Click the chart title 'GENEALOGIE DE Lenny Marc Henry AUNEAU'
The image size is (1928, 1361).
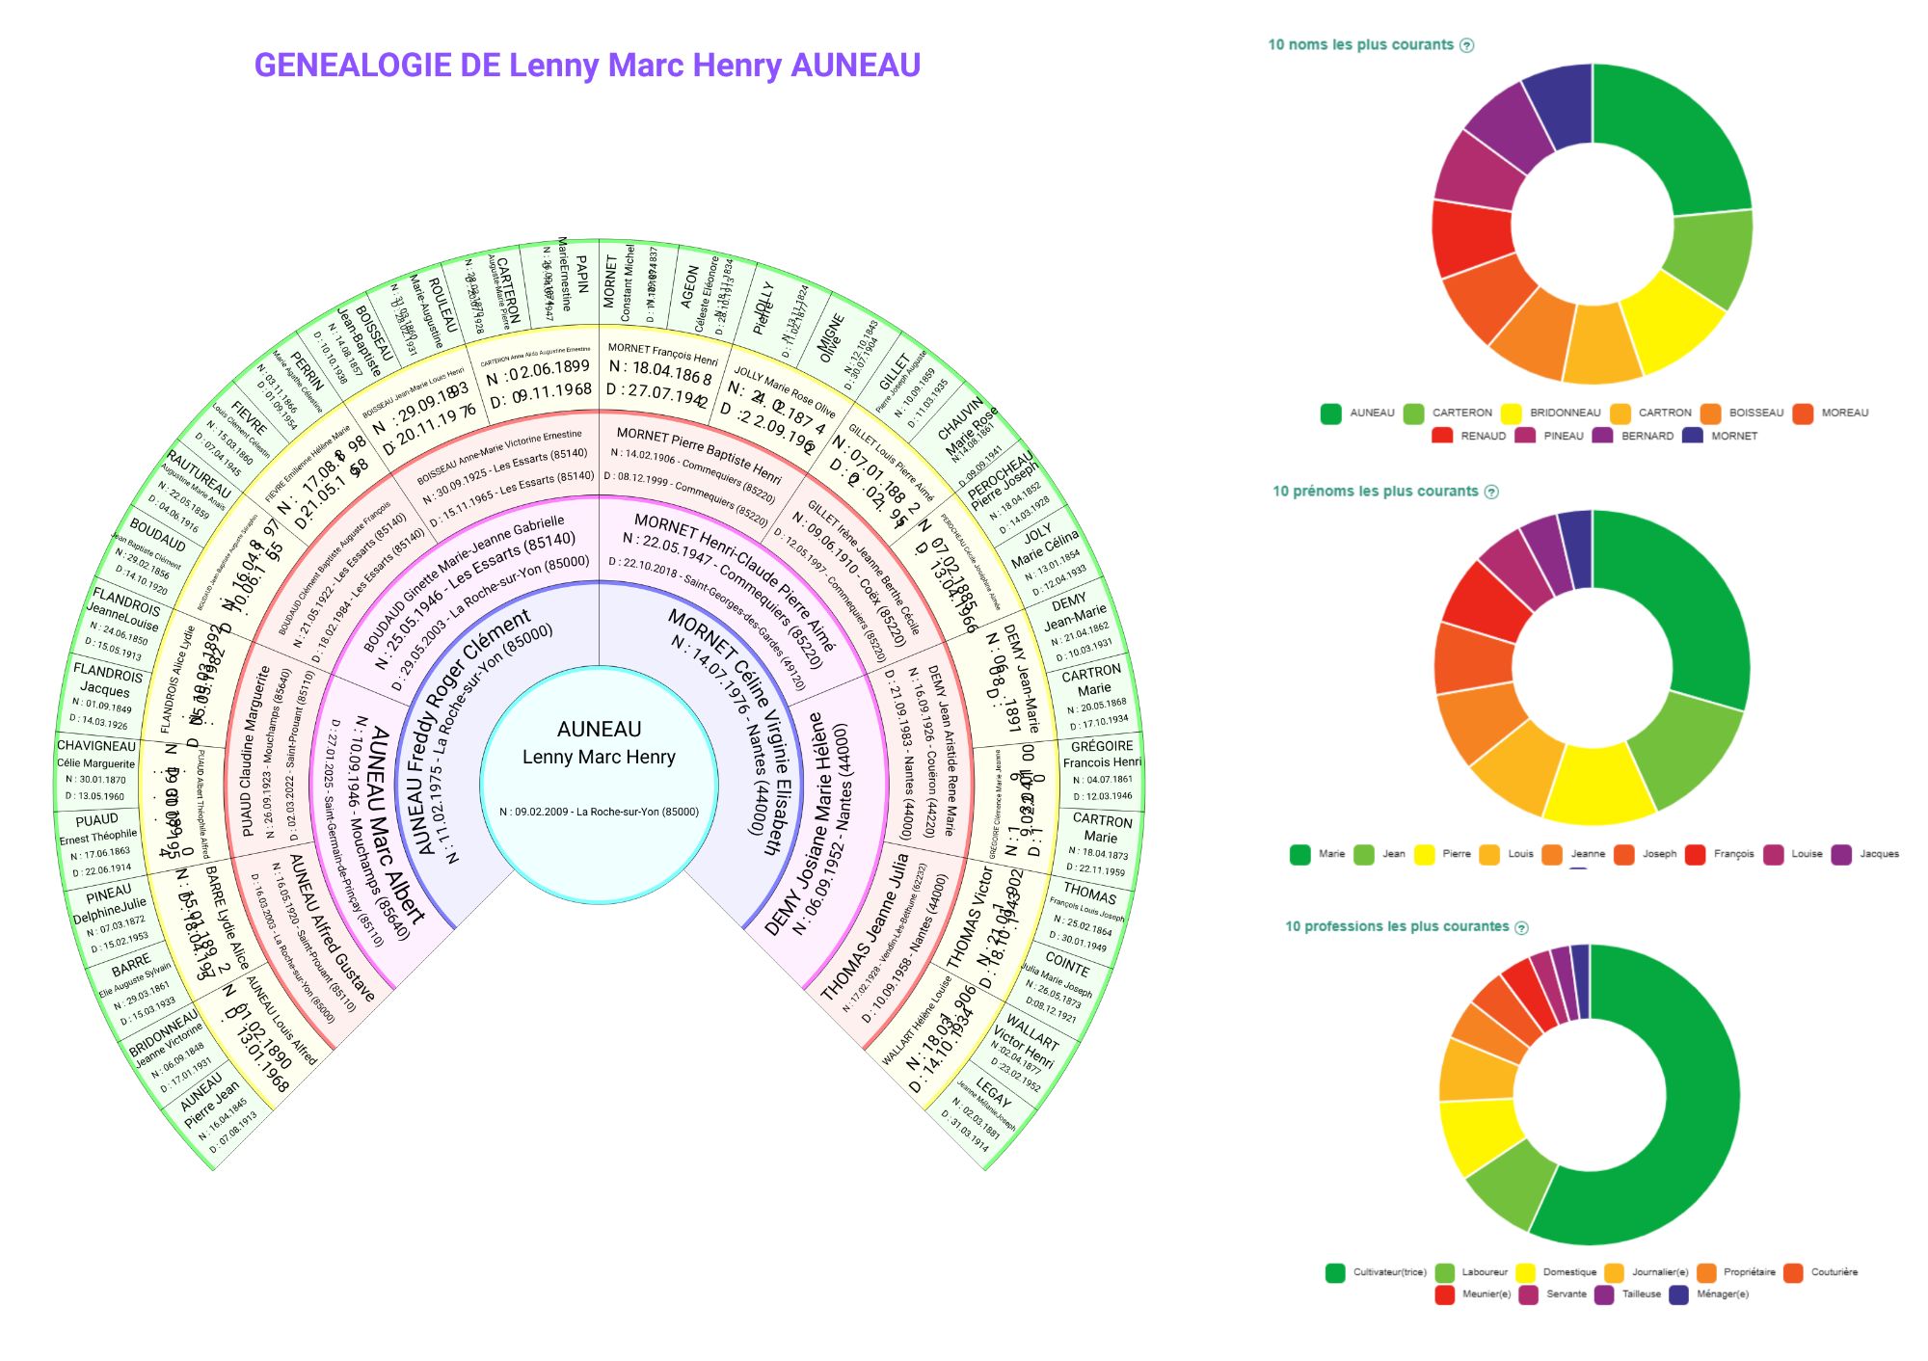click(x=587, y=66)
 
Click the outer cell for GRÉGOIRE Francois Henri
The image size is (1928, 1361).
click(x=1102, y=769)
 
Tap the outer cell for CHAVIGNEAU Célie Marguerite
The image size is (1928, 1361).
click(x=96, y=769)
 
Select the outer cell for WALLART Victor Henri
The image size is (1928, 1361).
click(x=1027, y=1051)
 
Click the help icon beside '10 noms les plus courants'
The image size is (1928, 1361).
click(x=1467, y=45)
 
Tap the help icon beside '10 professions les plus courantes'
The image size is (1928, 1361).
click(x=1522, y=927)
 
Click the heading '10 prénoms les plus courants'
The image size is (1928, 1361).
click(x=1375, y=492)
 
